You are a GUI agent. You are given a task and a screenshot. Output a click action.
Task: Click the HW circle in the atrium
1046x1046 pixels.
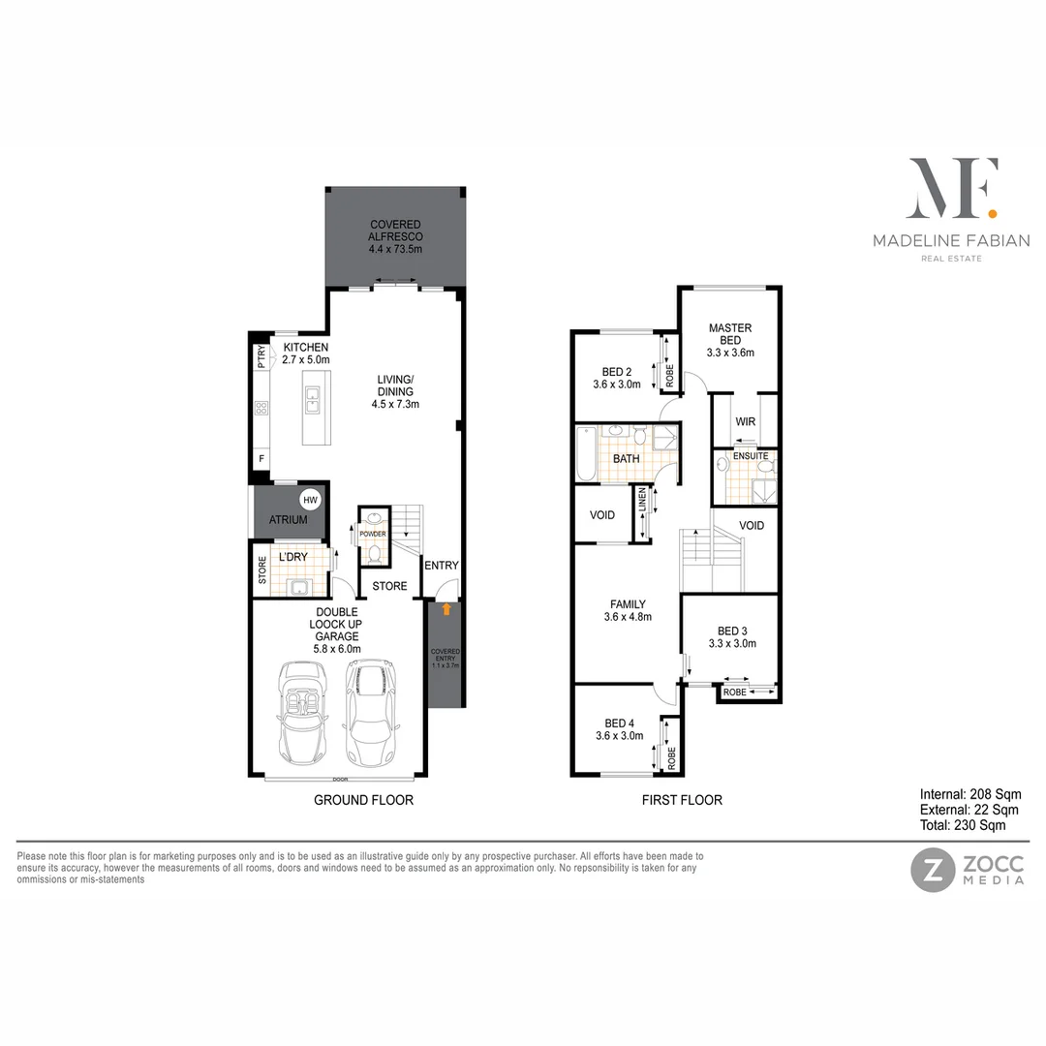coord(310,500)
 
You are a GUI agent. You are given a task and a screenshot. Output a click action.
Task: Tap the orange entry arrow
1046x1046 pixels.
coord(446,609)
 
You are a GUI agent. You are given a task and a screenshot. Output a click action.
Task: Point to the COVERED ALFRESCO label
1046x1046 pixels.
coord(395,236)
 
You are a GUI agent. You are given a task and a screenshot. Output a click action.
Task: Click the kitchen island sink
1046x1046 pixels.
coord(313,395)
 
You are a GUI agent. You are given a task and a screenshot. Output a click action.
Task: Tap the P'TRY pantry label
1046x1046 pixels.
coord(261,357)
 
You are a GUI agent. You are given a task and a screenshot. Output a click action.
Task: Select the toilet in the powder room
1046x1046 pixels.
coord(374,554)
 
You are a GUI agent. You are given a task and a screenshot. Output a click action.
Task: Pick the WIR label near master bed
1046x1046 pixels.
coord(745,421)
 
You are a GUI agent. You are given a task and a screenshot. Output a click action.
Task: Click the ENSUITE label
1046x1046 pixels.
coord(751,455)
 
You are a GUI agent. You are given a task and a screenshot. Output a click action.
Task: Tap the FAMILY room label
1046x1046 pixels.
coord(628,610)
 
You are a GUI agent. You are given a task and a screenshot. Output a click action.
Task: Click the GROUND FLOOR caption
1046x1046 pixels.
coord(363,800)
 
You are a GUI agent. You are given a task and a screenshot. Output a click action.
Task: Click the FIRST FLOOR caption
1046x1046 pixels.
coord(682,800)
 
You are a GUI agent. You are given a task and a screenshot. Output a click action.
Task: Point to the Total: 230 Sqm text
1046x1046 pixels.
coord(963,825)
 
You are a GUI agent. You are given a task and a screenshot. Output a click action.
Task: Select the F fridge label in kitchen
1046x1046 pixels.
coord(261,458)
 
